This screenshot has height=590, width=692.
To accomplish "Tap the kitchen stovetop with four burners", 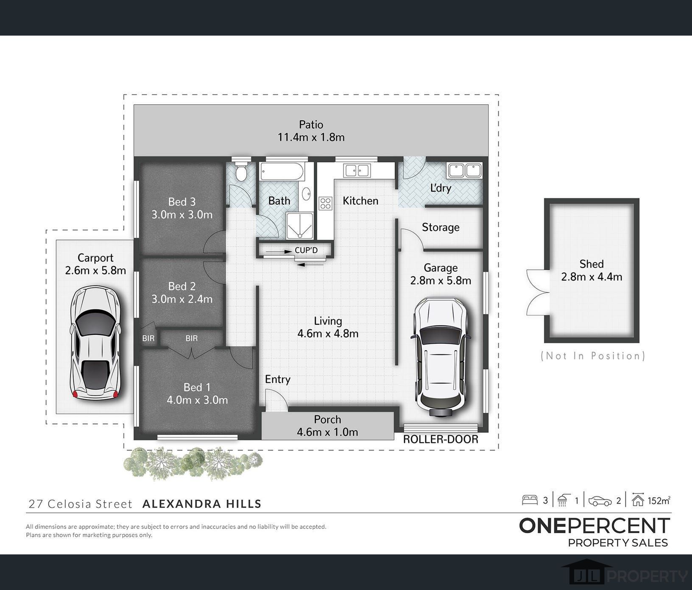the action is click(326, 203).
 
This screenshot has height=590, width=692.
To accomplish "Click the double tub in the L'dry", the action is click(464, 170).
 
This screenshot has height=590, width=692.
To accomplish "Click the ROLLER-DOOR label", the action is click(441, 439).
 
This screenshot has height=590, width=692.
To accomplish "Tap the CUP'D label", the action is click(306, 250).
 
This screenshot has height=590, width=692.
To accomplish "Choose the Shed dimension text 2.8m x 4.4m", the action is click(592, 277).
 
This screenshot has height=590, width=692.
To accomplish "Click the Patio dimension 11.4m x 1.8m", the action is click(311, 137).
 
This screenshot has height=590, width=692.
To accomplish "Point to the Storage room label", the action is click(441, 228).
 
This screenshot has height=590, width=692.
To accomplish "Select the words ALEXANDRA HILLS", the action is click(202, 504).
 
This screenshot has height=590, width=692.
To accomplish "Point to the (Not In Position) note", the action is click(593, 356).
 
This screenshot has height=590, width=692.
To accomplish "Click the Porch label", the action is click(327, 420).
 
